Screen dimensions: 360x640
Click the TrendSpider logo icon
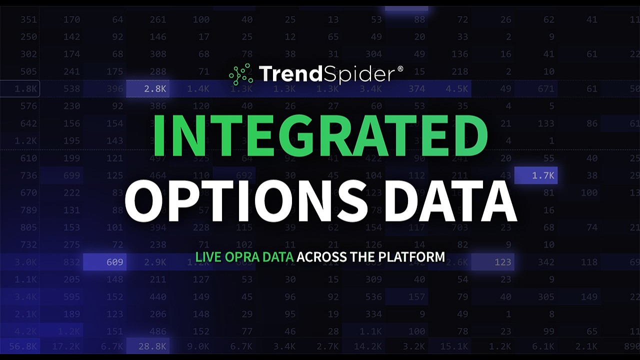[241, 74]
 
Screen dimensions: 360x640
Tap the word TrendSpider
[326, 74]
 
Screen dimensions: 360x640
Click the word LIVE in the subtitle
[205, 257]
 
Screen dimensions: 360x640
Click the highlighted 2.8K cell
[155, 89]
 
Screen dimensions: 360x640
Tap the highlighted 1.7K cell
[543, 175]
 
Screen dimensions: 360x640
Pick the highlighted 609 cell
[114, 262]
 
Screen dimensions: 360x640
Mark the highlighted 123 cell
[502, 262]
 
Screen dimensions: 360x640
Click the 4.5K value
[457, 89]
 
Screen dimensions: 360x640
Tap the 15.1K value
[454, 345]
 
